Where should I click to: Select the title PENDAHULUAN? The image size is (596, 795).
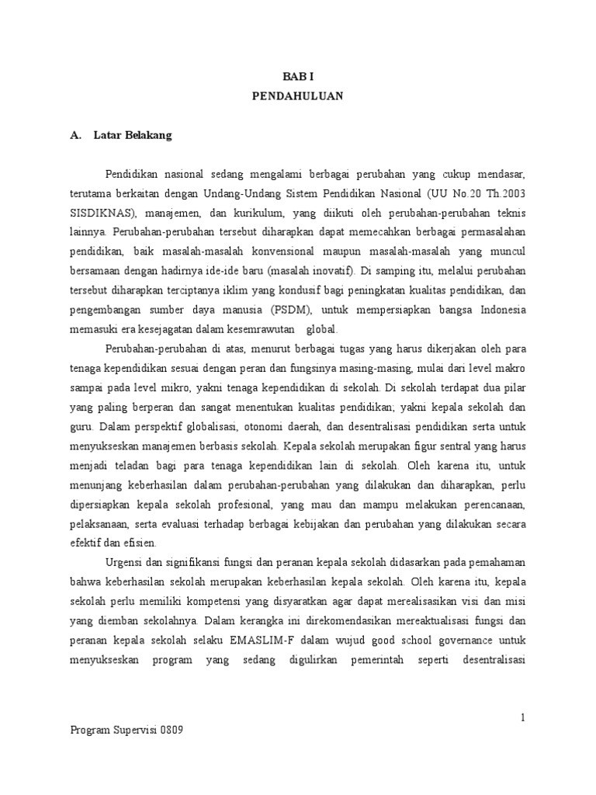point(297,97)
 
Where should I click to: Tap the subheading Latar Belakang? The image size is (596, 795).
point(133,135)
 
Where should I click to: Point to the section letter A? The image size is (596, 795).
point(75,135)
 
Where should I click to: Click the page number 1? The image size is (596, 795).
point(524,717)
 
